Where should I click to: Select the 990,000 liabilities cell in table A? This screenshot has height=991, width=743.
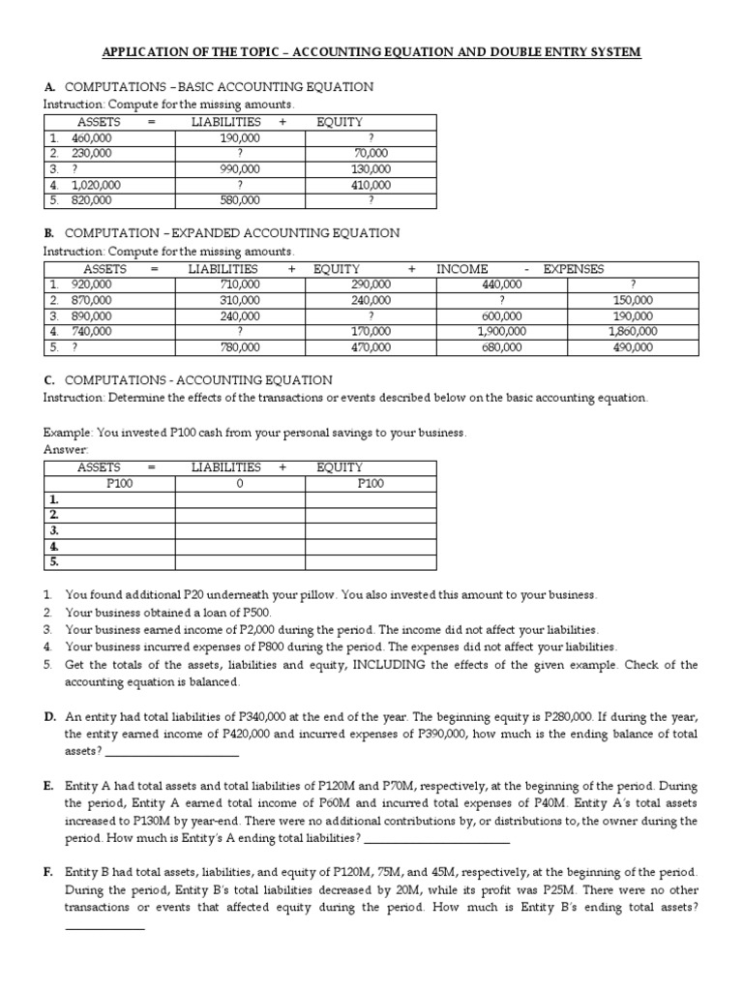coord(240,168)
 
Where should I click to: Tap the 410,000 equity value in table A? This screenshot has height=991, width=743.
coord(371,184)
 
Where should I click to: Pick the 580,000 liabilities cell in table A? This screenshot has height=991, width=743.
coord(240,199)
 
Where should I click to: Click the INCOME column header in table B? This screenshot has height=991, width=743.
coord(462,268)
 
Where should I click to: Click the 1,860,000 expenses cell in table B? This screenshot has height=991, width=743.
coord(633,330)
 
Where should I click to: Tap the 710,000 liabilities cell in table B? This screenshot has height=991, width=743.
coord(240,284)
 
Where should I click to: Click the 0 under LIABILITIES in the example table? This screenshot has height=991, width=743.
coord(240,483)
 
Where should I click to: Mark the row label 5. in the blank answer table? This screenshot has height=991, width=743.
coord(54,560)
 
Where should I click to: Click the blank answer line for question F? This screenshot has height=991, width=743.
coord(104,928)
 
